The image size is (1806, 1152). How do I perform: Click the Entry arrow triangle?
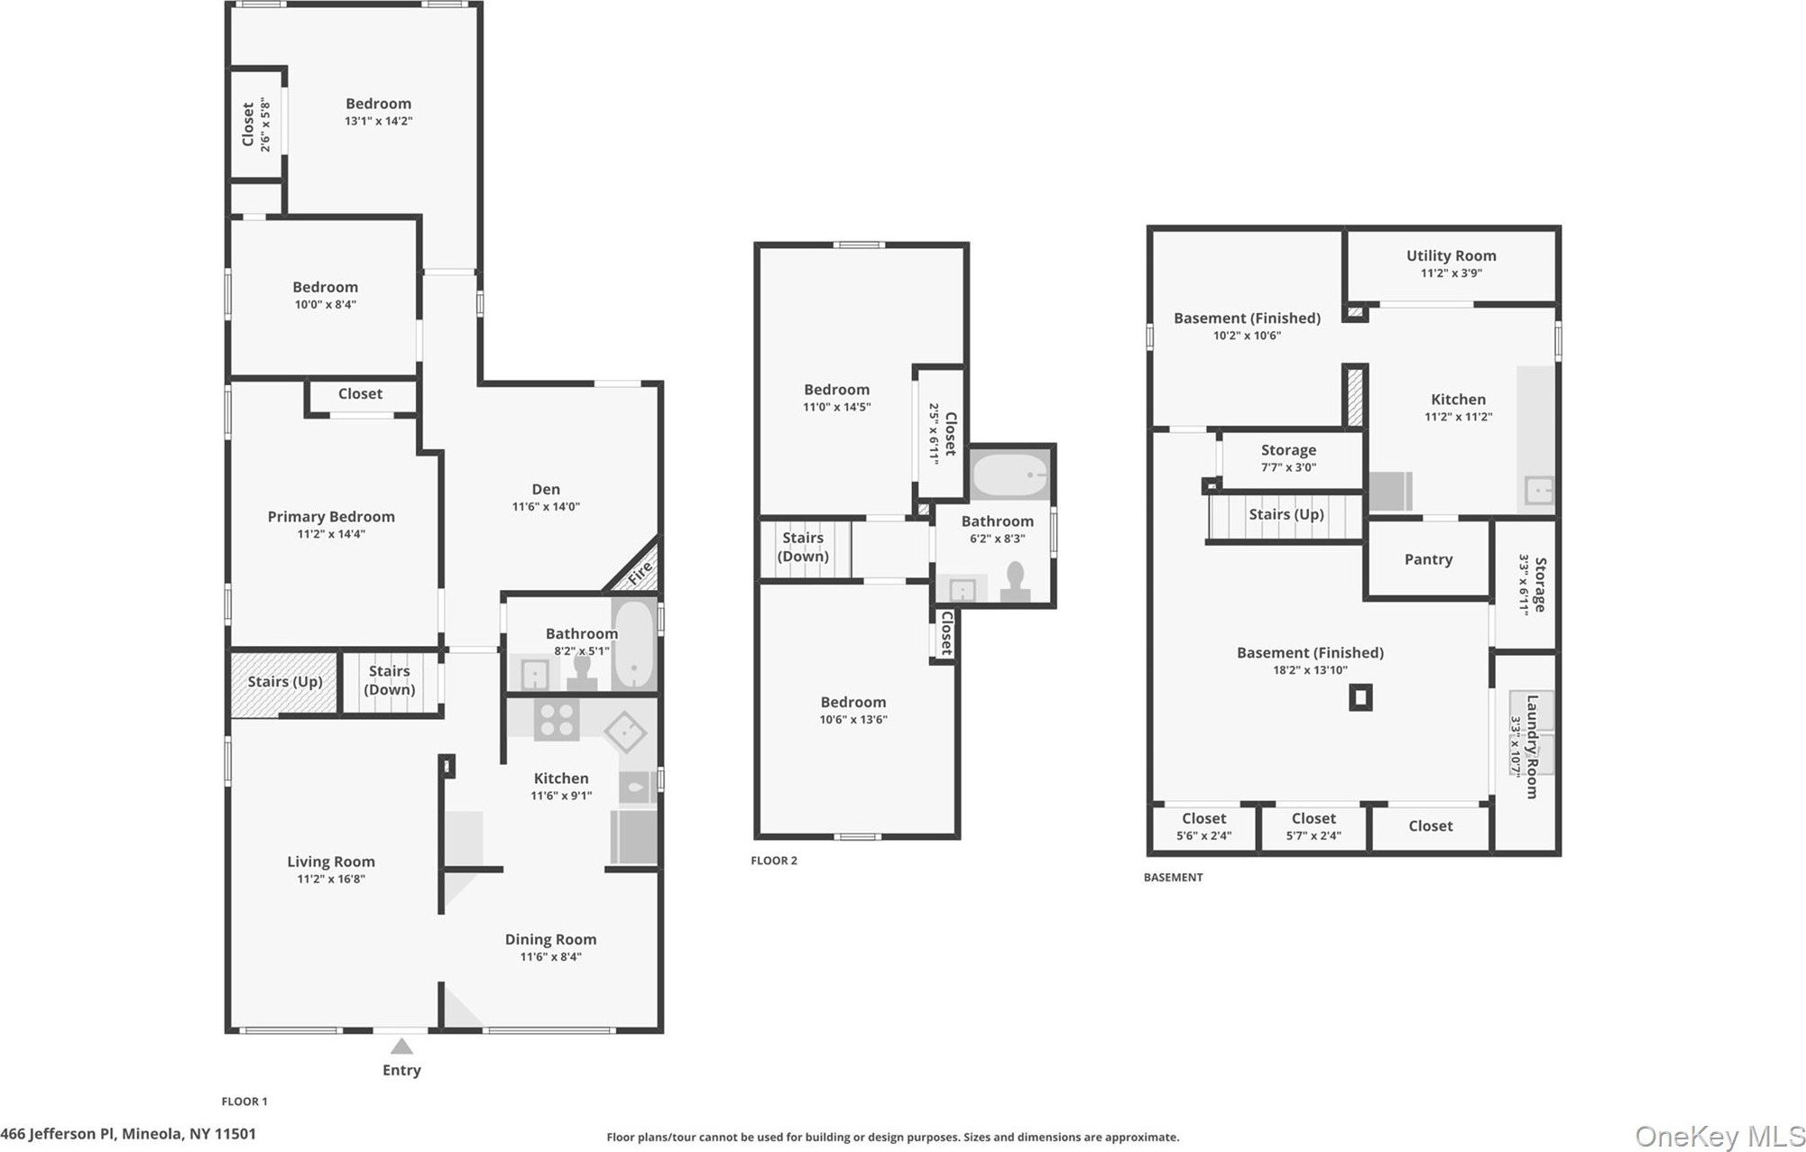(401, 1046)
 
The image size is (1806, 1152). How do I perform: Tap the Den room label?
(546, 489)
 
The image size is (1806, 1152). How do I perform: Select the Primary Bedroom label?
(331, 517)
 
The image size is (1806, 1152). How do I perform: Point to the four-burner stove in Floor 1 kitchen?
(556, 721)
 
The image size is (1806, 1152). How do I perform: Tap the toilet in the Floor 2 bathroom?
(1016, 582)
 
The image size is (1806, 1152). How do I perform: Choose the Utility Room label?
(1451, 255)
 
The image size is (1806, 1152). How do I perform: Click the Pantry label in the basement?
(1428, 559)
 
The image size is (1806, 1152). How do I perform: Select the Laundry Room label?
(1532, 746)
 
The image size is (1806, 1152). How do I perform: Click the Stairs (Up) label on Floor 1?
(285, 681)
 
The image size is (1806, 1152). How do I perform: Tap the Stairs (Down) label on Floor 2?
(803, 547)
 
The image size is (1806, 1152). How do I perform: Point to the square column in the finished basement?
(1360, 697)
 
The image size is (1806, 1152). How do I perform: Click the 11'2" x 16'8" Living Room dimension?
(331, 879)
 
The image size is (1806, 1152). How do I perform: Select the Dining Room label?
(550, 939)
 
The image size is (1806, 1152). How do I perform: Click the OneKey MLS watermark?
(1720, 1136)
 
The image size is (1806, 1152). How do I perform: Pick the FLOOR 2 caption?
(774, 861)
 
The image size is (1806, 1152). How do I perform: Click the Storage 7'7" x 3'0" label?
(1288, 458)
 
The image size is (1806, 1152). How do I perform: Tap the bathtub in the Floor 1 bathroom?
(635, 644)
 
